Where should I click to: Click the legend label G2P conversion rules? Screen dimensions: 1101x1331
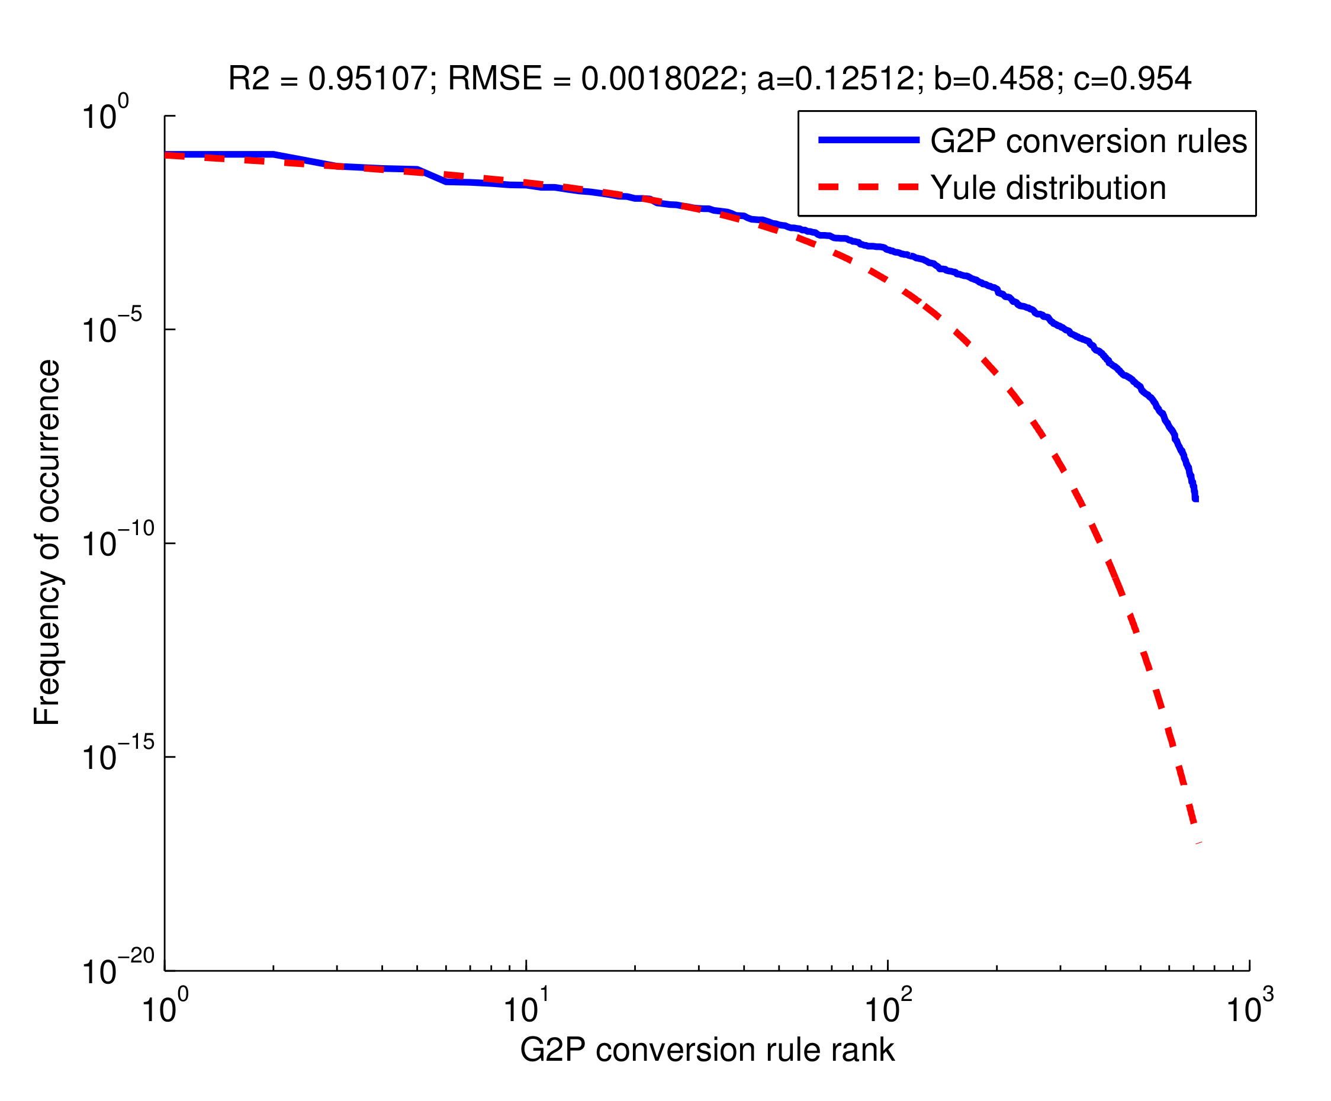(1088, 141)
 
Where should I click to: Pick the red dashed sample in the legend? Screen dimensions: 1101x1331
(869, 187)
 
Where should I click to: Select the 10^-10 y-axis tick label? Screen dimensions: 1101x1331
(118, 542)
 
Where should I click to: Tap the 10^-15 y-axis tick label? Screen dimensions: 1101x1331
(118, 756)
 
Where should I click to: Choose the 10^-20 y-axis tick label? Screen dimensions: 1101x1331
(118, 969)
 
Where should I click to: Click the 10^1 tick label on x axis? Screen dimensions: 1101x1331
(525, 1008)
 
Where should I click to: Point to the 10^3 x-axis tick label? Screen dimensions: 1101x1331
(1249, 1008)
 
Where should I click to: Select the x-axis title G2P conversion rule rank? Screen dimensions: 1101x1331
(707, 1050)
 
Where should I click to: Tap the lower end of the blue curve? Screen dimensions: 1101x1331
(1195, 498)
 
